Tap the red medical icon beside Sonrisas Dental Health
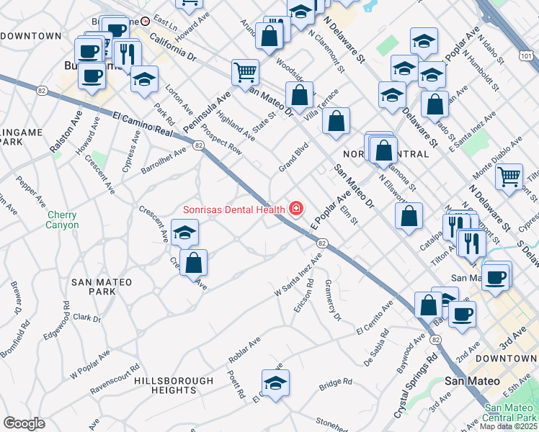[295, 209]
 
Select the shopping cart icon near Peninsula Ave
[245, 72]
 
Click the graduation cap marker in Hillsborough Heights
[275, 384]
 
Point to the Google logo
[24, 423]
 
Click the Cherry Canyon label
[62, 220]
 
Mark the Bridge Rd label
[336, 382]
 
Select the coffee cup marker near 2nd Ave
[462, 315]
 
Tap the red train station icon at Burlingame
[145, 22]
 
